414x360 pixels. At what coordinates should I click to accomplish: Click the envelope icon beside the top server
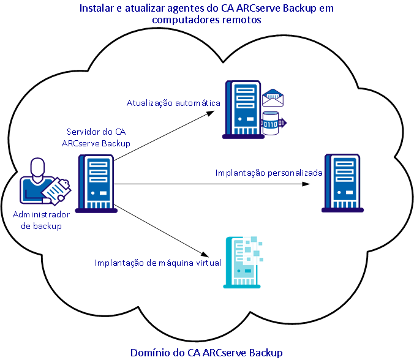(x=273, y=97)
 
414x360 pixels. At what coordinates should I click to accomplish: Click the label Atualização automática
(x=173, y=103)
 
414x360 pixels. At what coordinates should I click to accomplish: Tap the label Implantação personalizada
(x=269, y=173)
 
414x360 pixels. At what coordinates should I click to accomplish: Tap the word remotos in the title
(x=243, y=20)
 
